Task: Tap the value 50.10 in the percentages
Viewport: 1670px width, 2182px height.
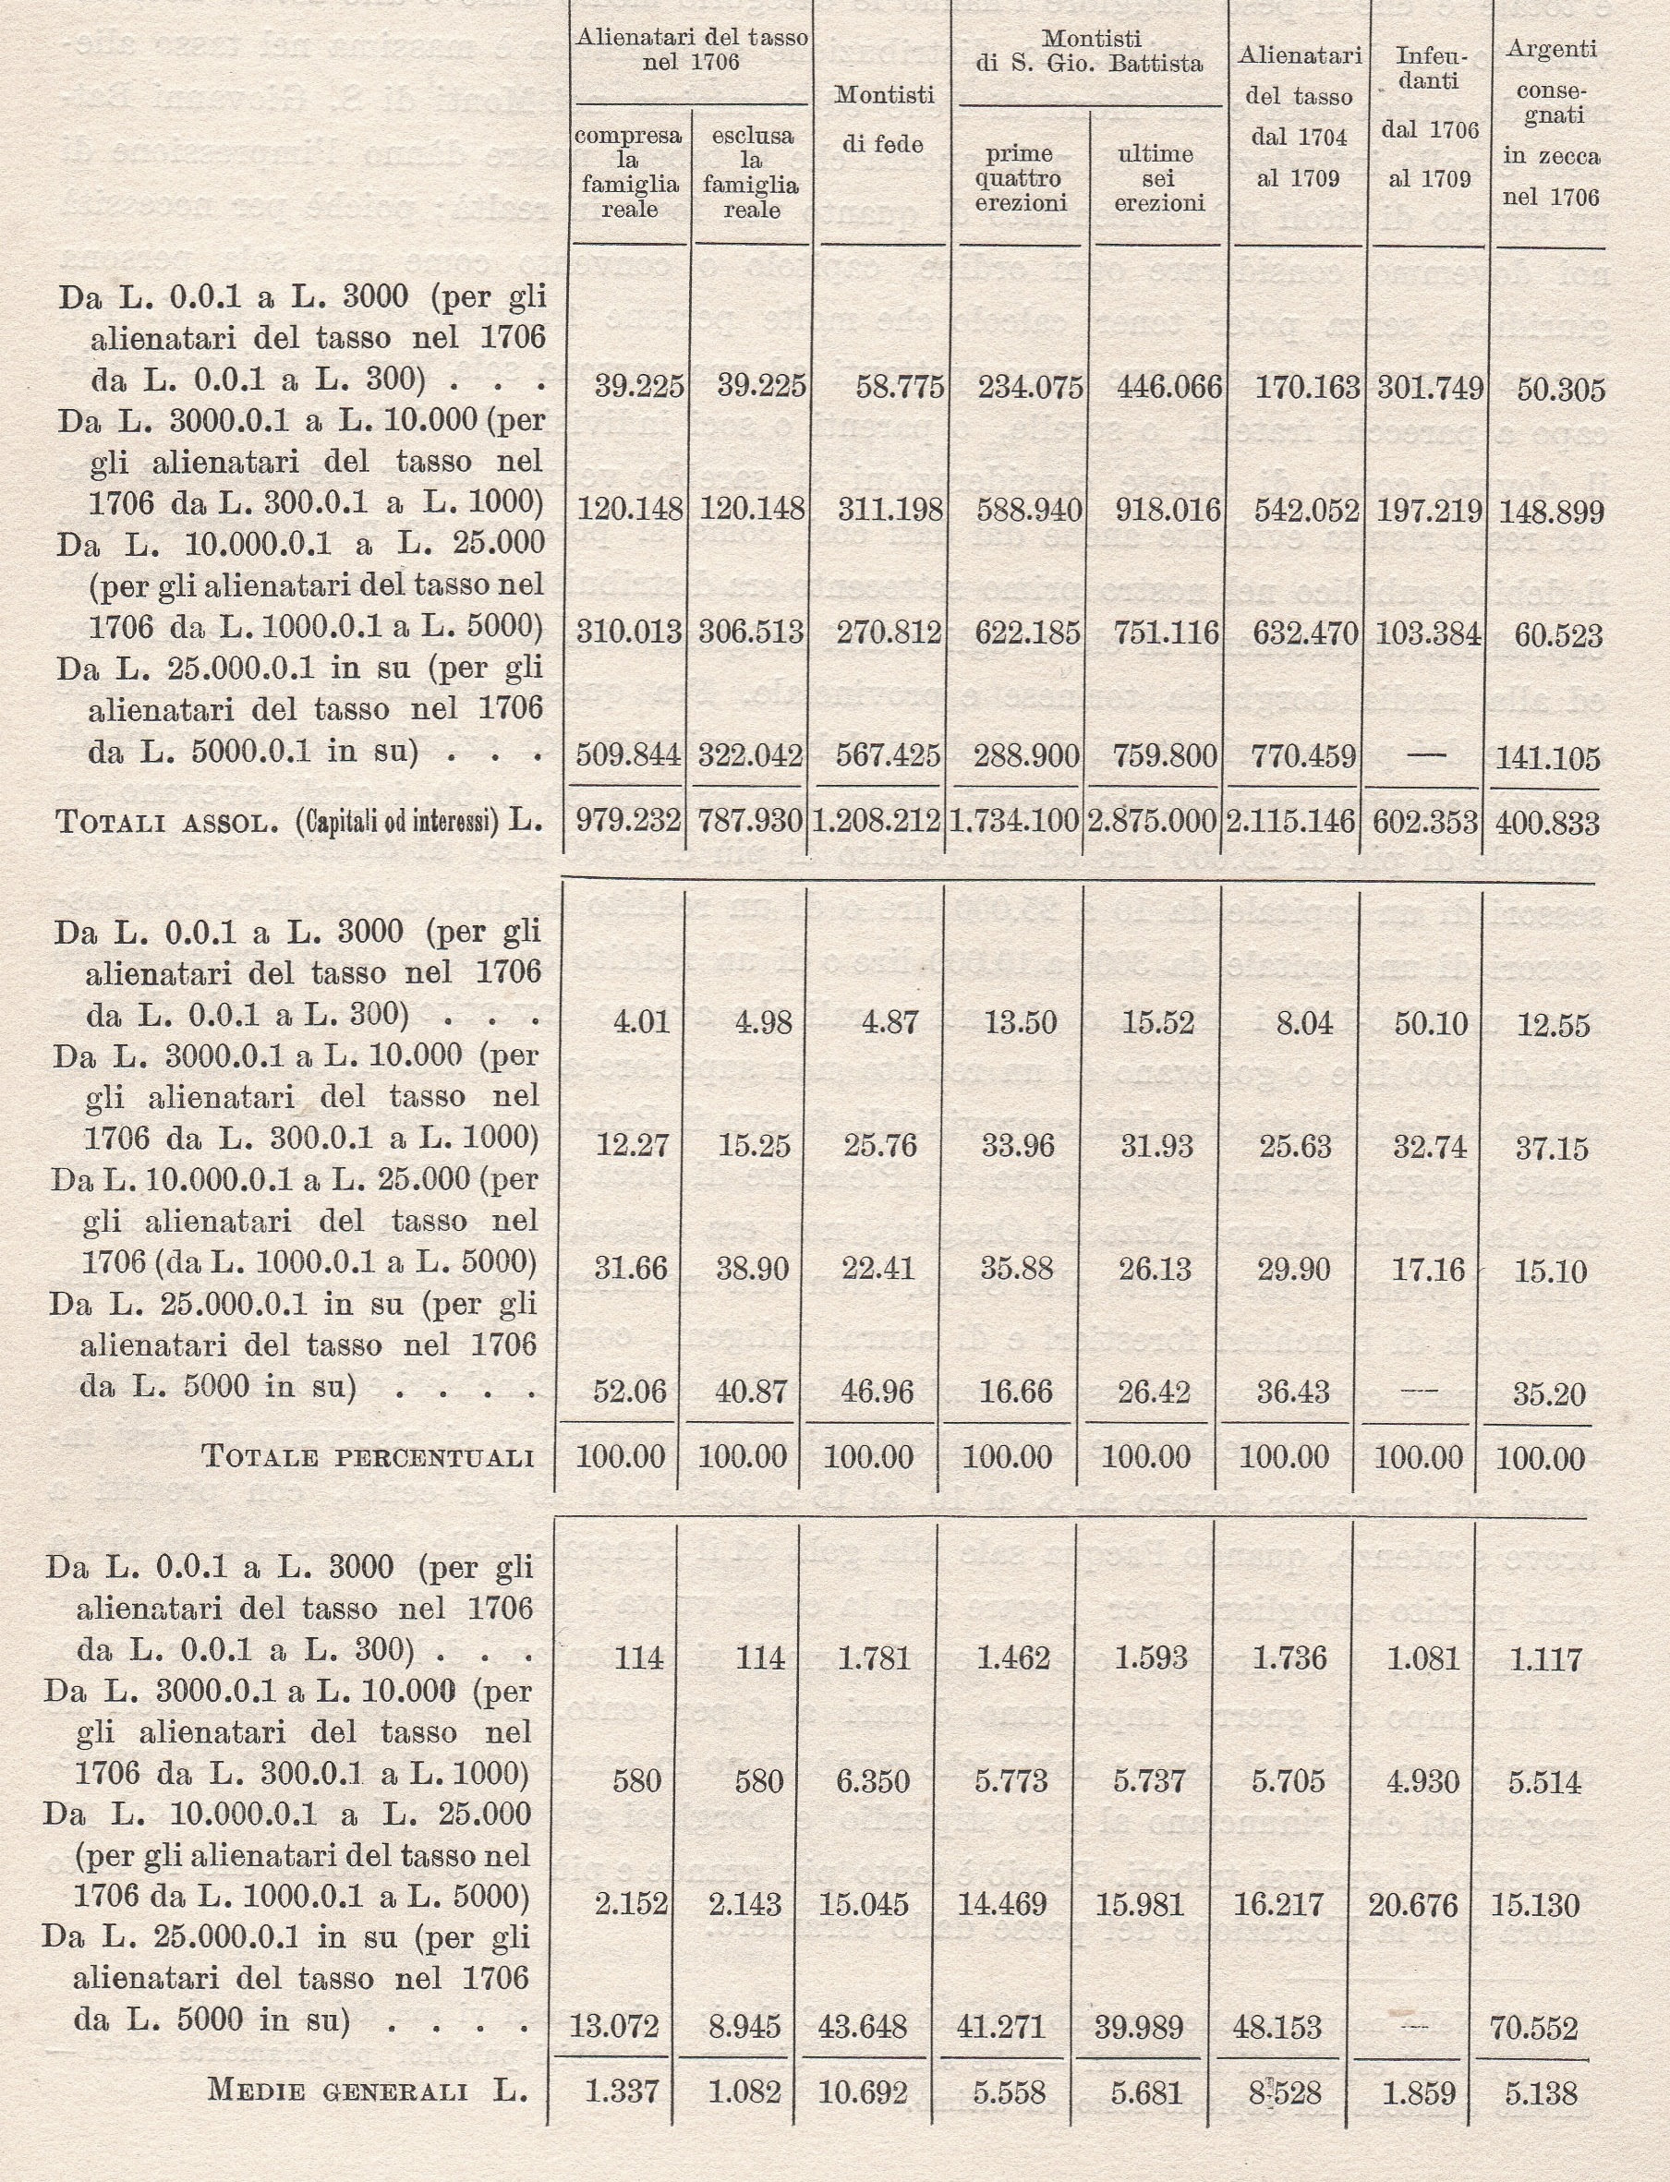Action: (x=1431, y=1023)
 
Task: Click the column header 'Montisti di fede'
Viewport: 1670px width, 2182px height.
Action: (x=884, y=119)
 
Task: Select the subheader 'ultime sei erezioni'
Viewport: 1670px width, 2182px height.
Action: (x=1158, y=178)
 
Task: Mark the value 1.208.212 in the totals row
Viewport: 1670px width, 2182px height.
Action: (x=876, y=821)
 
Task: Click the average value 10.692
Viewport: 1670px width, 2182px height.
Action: (x=863, y=2092)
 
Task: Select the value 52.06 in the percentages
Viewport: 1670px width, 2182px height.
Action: (x=629, y=1392)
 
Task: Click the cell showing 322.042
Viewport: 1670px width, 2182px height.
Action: (x=752, y=757)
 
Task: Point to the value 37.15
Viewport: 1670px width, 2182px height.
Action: (x=1553, y=1149)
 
